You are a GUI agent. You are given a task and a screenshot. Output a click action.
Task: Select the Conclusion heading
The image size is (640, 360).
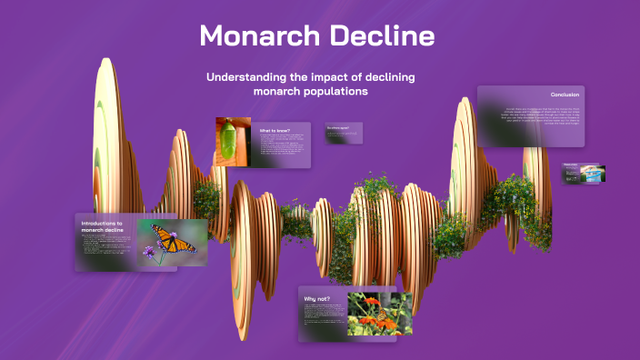(565, 95)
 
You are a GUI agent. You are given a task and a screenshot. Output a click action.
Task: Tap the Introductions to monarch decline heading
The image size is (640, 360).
(102, 226)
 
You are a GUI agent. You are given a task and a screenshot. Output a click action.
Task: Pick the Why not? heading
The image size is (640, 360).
(317, 297)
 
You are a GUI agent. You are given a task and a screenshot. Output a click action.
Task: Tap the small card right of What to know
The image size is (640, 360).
(344, 133)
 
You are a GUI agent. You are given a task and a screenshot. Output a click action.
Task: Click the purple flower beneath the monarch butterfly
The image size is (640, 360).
(148, 251)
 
